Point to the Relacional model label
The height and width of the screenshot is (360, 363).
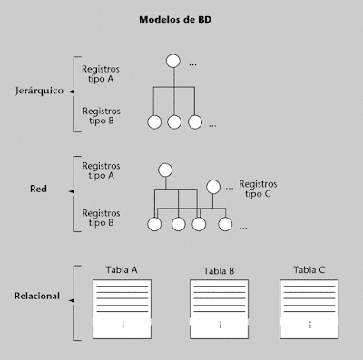pyautogui.click(x=37, y=297)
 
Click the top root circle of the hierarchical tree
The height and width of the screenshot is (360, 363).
pyautogui.click(x=172, y=63)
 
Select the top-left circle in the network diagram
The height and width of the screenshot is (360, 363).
pyautogui.click(x=164, y=169)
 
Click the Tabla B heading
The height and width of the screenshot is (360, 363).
pyautogui.click(x=219, y=271)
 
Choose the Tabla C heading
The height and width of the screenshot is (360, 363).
pyautogui.click(x=309, y=270)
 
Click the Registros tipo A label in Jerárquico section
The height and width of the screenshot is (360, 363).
pyautogui.click(x=104, y=72)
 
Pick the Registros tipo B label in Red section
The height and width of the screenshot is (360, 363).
pyautogui.click(x=104, y=218)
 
